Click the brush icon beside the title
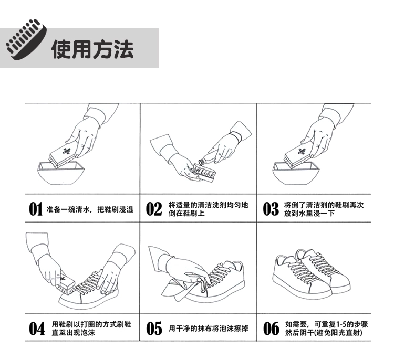(26, 40)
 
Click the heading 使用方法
(92, 49)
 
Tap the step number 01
(35, 209)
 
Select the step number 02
(154, 209)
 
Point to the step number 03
(271, 209)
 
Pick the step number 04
(37, 329)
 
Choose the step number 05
(154, 329)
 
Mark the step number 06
(271, 329)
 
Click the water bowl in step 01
(61, 174)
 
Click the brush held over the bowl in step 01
(63, 154)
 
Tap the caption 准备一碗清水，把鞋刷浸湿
(90, 209)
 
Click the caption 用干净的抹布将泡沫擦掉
(209, 329)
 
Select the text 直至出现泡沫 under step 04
(74, 333)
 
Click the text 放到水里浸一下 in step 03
(309, 214)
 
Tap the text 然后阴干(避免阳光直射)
(324, 333)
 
